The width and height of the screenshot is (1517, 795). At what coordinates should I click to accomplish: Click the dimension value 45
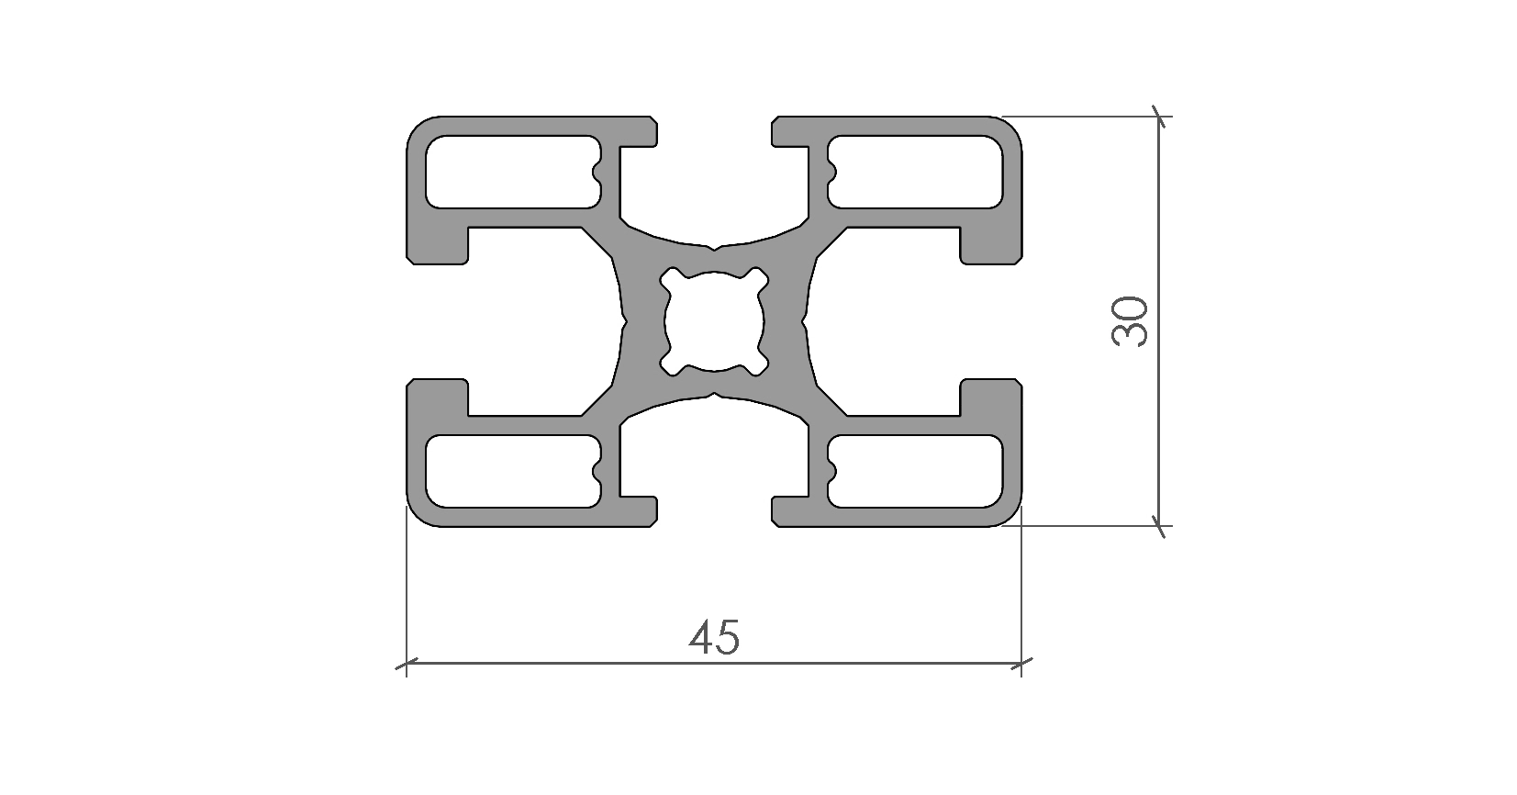pyautogui.click(x=714, y=637)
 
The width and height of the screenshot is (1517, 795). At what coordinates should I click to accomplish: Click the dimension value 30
pyautogui.click(x=1131, y=321)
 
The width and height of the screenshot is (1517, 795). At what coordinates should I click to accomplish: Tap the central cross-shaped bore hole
pyautogui.click(x=714, y=321)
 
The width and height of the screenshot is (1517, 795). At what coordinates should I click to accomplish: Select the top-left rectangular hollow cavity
pyautogui.click(x=513, y=172)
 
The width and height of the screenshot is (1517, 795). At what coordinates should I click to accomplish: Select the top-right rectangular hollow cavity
pyautogui.click(x=915, y=172)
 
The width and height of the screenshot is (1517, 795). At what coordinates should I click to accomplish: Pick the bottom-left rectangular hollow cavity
pyautogui.click(x=513, y=471)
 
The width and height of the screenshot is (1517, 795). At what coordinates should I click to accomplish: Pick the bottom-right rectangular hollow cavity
pyautogui.click(x=915, y=471)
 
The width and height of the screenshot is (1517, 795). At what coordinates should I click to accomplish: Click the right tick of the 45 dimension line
pyautogui.click(x=1021, y=663)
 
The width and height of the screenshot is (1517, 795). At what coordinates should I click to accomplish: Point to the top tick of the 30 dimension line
pyautogui.click(x=1159, y=117)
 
